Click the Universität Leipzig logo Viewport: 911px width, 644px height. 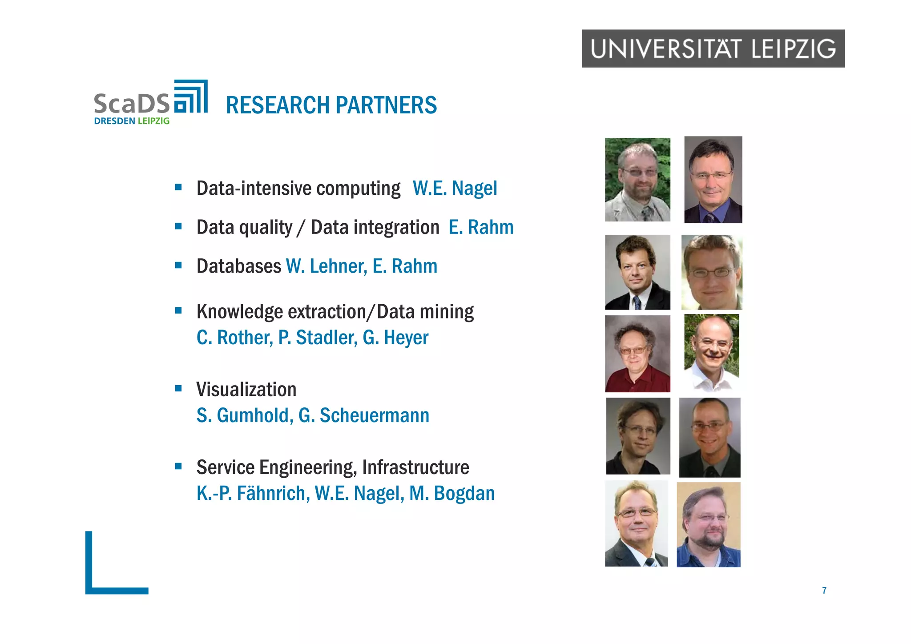click(x=713, y=48)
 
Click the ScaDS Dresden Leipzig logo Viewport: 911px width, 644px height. click(x=150, y=103)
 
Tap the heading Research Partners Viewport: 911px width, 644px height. click(x=331, y=105)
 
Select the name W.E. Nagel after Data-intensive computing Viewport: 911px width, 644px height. click(x=455, y=188)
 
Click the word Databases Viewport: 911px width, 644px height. click(x=239, y=266)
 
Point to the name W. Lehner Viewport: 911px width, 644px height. click(x=326, y=266)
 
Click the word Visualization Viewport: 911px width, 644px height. click(x=246, y=390)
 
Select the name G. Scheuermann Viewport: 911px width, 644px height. click(x=363, y=415)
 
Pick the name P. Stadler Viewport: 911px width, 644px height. click(x=318, y=338)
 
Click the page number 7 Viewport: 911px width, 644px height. click(x=824, y=590)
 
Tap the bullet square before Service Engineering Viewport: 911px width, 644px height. click(x=178, y=467)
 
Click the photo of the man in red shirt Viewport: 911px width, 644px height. click(x=637, y=354)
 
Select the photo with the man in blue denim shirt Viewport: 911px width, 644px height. click(x=709, y=524)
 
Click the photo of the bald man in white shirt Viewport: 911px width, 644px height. click(x=712, y=353)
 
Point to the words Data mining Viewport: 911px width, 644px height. click(x=425, y=312)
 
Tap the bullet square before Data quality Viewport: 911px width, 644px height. click(x=178, y=226)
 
